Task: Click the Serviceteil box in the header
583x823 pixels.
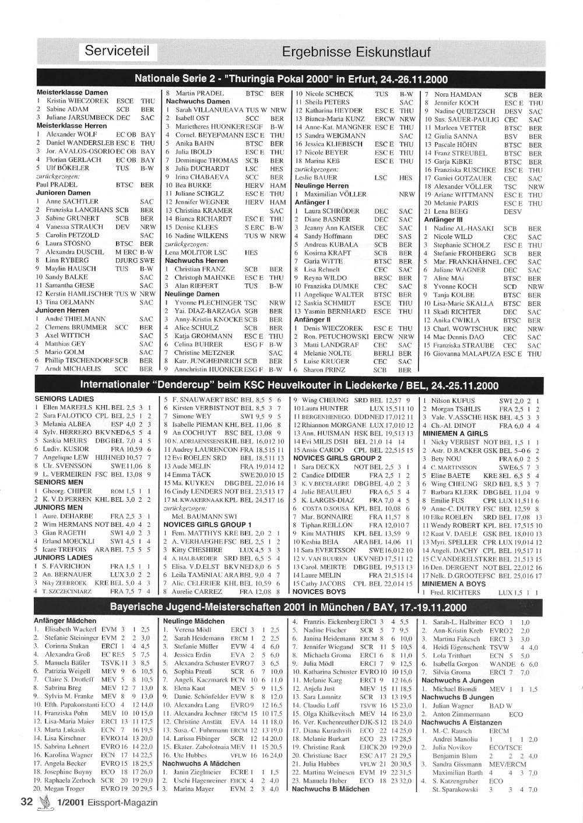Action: pyautogui.click(x=117, y=51)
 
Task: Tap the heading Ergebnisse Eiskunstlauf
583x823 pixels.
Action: pyautogui.click(x=356, y=52)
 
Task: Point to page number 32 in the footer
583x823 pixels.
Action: pyautogui.click(x=26, y=802)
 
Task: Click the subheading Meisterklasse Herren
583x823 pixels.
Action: pyautogui.click(x=72, y=125)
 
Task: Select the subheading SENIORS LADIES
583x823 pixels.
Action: pyautogui.click(x=64, y=399)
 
